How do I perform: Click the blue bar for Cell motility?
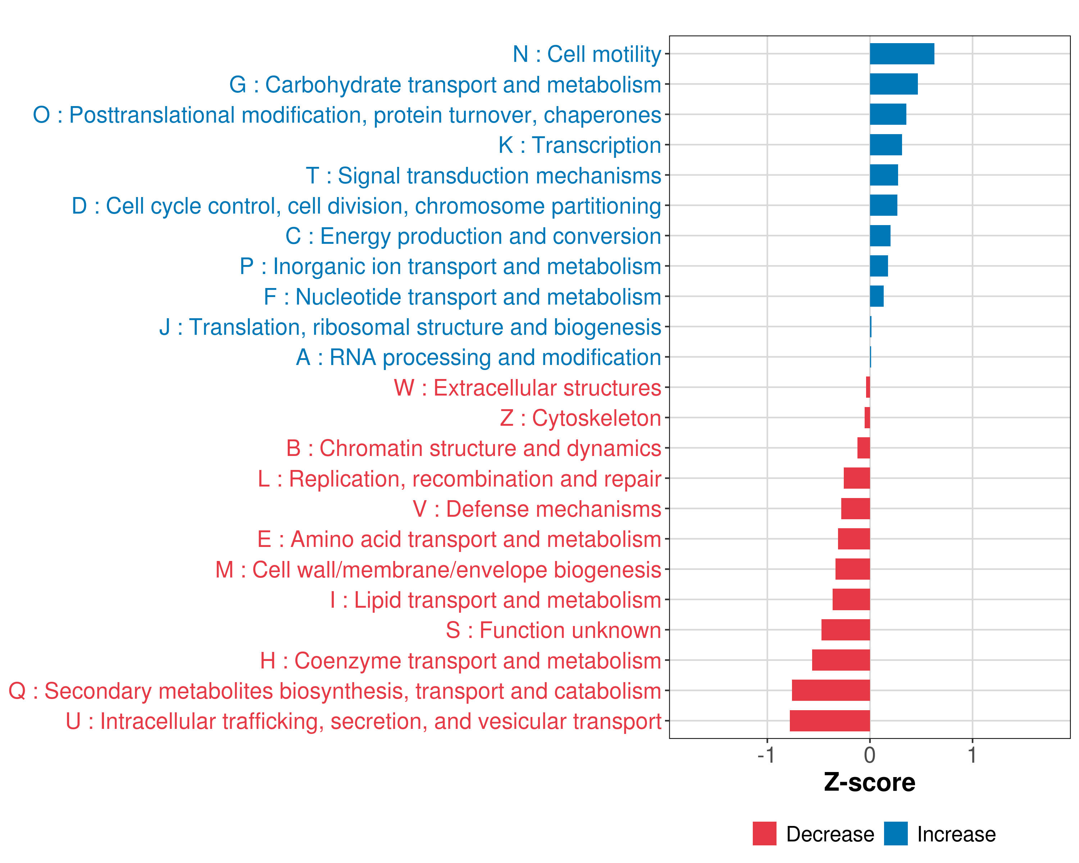click(902, 54)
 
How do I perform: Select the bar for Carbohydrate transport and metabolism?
click(894, 84)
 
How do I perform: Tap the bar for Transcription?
click(886, 145)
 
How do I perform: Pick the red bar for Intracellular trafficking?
click(830, 721)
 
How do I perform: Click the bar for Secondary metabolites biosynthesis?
click(831, 690)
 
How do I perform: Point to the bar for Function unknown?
click(846, 630)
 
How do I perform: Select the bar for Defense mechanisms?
click(855, 509)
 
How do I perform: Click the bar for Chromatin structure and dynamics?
click(864, 448)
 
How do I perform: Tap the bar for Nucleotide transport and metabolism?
click(877, 296)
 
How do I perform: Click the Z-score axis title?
click(870, 782)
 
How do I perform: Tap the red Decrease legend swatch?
click(765, 834)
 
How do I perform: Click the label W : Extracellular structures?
click(528, 388)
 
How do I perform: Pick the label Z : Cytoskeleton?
click(581, 418)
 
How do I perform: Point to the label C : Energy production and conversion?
click(473, 236)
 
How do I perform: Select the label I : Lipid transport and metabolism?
click(496, 600)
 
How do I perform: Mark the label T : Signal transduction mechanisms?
click(483, 175)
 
